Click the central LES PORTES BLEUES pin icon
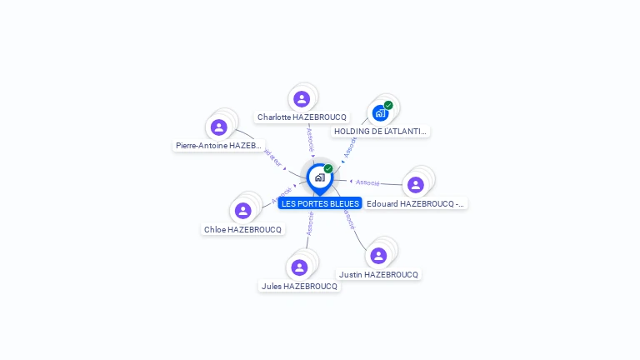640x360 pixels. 319,177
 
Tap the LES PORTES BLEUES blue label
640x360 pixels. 320,203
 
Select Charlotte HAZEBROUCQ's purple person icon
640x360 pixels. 302,99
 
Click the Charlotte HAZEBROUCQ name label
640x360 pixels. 302,117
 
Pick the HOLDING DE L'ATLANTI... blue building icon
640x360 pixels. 380,112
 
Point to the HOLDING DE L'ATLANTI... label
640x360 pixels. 381,131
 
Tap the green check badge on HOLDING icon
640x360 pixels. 388,105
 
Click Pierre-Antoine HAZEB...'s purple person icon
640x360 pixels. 219,127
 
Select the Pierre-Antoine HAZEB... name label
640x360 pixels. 219,145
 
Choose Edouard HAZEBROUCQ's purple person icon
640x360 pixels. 416,185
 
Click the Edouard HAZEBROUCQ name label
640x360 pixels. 416,203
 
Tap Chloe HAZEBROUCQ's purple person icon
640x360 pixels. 242,211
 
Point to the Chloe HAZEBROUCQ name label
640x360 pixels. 242,229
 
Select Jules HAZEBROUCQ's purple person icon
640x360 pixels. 299,267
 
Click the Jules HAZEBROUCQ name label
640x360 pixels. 299,286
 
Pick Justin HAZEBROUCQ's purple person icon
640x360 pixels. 378,256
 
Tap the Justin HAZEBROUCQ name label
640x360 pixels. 378,274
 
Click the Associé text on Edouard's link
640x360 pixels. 367,182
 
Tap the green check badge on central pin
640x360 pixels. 328,169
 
